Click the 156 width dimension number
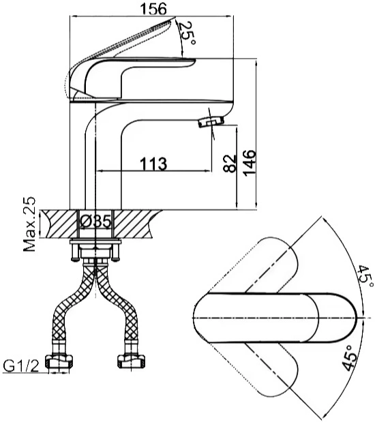pyautogui.click(x=153, y=8)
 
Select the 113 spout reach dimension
pyautogui.click(x=153, y=164)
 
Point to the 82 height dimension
pyautogui.click(x=230, y=164)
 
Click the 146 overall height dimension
pyautogui.click(x=250, y=163)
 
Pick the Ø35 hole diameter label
pyautogui.click(x=96, y=222)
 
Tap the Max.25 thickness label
pyautogui.click(x=29, y=224)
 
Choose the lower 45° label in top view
pyautogui.click(x=350, y=358)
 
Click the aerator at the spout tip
pyautogui.click(x=211, y=121)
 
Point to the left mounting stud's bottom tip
pyautogui.click(x=75, y=260)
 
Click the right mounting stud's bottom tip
pyautogui.click(x=117, y=260)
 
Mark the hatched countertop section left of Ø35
pyautogui.click(x=59, y=224)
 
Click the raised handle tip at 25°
pyautogui.click(x=174, y=18)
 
